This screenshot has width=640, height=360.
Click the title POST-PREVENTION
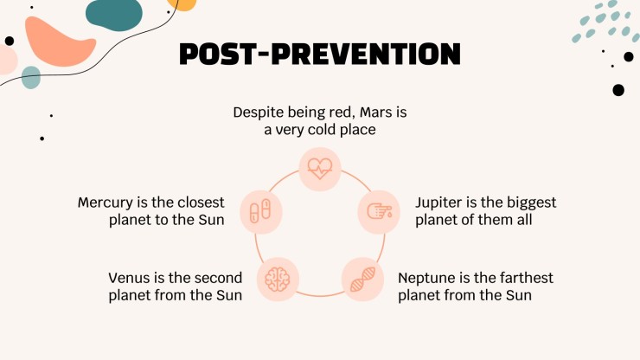pyautogui.click(x=320, y=54)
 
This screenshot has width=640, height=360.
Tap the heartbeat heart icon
pyautogui.click(x=320, y=169)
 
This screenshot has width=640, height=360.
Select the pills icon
pyautogui.click(x=260, y=211)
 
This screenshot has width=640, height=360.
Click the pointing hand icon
pyautogui.click(x=379, y=211)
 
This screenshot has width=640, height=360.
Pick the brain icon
pyautogui.click(x=278, y=280)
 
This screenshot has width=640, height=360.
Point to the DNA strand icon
pyautogui.click(x=362, y=280)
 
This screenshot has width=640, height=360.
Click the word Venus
pyautogui.click(x=129, y=278)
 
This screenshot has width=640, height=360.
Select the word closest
pyautogui.click(x=201, y=202)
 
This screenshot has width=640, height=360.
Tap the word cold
pyautogui.click(x=322, y=130)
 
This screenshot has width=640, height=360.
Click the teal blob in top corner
pyautogui.click(x=114, y=14)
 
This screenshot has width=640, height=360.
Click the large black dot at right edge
pyautogui.click(x=618, y=90)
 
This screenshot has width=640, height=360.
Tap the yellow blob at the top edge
pyautogui.click(x=182, y=4)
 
